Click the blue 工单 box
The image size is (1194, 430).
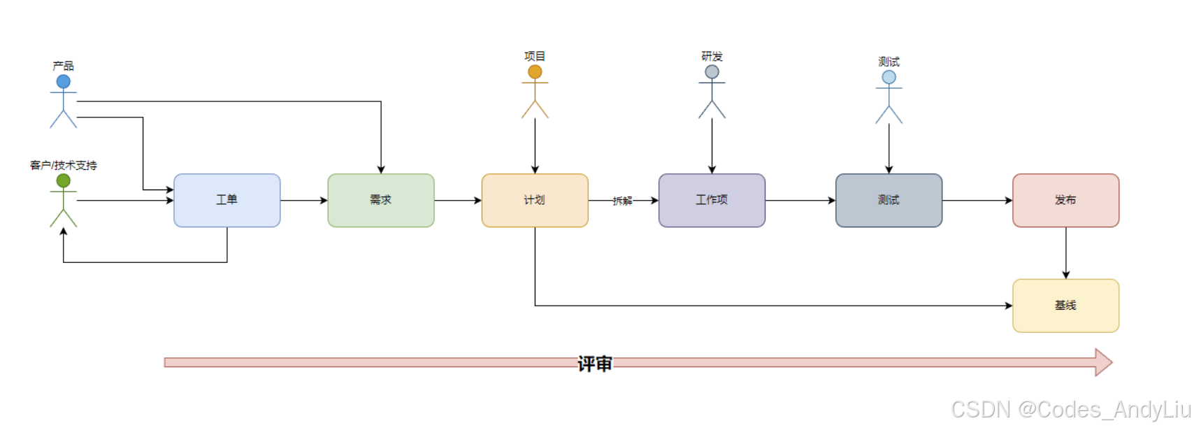click(x=226, y=201)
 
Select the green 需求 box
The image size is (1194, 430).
click(x=380, y=201)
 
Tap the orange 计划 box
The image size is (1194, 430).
click(x=535, y=201)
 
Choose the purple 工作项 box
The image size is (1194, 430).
click(x=712, y=201)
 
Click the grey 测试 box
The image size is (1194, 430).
click(x=889, y=201)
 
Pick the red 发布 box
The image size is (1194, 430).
click(x=1065, y=201)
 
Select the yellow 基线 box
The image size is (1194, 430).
click(x=1065, y=306)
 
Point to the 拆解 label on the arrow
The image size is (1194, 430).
click(x=622, y=201)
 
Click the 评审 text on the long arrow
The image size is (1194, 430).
click(x=594, y=364)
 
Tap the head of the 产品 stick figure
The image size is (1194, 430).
click(x=64, y=82)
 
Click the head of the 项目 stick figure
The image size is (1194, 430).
click(x=535, y=72)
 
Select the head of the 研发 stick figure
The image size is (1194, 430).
click(x=712, y=72)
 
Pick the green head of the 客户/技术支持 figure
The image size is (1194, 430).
click(x=64, y=181)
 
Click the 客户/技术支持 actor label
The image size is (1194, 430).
click(x=64, y=166)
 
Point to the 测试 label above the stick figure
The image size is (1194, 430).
click(x=889, y=62)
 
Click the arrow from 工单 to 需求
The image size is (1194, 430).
click(x=304, y=201)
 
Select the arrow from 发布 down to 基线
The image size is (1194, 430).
click(x=1065, y=253)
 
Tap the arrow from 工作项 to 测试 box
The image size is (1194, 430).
click(x=800, y=201)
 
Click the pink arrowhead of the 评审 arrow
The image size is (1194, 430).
click(x=1103, y=362)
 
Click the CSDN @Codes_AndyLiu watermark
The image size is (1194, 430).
click(x=1070, y=410)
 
